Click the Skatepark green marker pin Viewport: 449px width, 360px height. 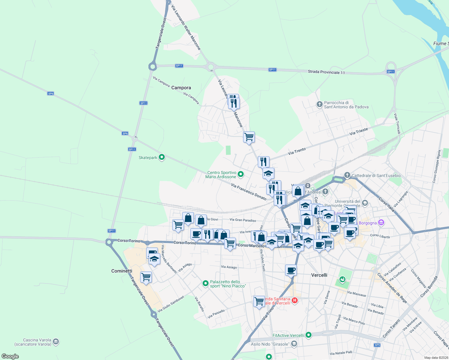(162, 157)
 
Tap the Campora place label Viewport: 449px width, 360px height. (181, 88)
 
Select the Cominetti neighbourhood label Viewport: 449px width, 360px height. (122, 271)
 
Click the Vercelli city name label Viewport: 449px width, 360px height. (319, 275)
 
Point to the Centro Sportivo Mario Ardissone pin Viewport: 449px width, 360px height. (240, 174)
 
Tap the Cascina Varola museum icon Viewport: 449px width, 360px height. (56, 342)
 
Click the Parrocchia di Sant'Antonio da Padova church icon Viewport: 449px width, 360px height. (319, 104)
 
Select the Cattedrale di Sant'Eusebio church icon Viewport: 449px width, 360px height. (347, 175)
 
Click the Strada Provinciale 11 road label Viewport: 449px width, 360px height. (326, 72)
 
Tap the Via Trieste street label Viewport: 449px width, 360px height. (358, 131)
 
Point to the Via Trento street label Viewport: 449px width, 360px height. (297, 151)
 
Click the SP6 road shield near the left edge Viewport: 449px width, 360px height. (51, 94)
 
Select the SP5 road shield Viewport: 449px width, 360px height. (377, 345)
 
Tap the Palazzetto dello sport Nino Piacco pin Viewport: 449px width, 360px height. (206, 283)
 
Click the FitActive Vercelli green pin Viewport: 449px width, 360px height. (309, 335)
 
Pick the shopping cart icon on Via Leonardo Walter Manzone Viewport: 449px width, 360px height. (249, 137)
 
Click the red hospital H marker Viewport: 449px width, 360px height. (295, 300)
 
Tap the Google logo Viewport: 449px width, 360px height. (10, 356)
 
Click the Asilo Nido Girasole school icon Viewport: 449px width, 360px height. (294, 344)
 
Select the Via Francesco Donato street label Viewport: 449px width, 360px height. (249, 192)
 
